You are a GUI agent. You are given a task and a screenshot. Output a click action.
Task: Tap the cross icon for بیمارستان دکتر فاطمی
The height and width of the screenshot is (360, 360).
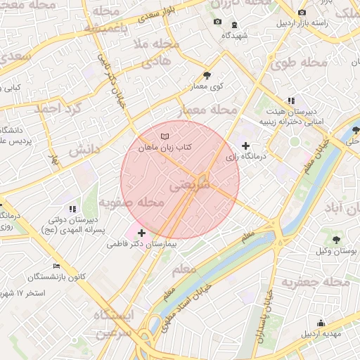pos(142,233)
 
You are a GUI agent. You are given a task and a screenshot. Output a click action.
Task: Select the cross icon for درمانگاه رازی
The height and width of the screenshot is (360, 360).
pos(245,146)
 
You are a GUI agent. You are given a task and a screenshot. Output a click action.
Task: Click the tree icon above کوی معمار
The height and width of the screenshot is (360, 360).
pos(206,75)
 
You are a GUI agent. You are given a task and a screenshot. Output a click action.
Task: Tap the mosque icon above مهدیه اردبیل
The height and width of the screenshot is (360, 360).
pos(321,323)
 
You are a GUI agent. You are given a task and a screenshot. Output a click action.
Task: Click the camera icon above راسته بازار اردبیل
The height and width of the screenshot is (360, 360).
pos(302,12)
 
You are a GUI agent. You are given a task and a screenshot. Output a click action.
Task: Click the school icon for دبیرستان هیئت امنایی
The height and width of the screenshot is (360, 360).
pos(291,101)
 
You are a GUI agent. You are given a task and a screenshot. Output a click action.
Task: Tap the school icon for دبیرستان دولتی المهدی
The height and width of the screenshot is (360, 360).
pos(72,209)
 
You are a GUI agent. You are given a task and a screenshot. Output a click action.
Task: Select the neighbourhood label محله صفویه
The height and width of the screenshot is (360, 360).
pos(131,203)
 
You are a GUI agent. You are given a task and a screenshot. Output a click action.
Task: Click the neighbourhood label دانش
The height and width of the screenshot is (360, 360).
pos(84,151)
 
